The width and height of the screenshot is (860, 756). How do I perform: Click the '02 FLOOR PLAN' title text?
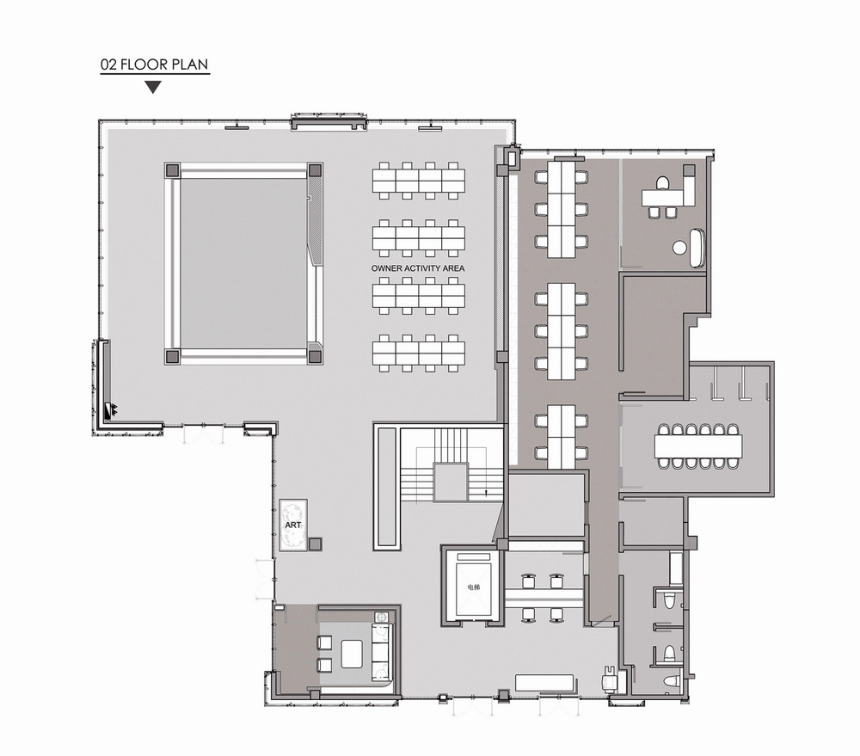tap(155, 65)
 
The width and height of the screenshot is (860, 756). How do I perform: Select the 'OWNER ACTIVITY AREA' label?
tap(418, 269)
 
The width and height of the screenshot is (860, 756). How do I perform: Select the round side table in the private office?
tap(679, 248)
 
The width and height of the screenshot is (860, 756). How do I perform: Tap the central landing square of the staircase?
tap(451, 482)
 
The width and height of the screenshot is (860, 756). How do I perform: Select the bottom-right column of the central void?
tap(314, 354)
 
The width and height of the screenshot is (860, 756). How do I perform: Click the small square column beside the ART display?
tap(315, 544)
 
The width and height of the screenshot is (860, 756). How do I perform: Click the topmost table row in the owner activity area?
tap(419, 180)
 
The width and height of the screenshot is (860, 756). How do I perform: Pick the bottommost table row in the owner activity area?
tap(419, 353)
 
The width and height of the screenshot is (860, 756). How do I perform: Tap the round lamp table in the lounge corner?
tap(381, 616)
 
